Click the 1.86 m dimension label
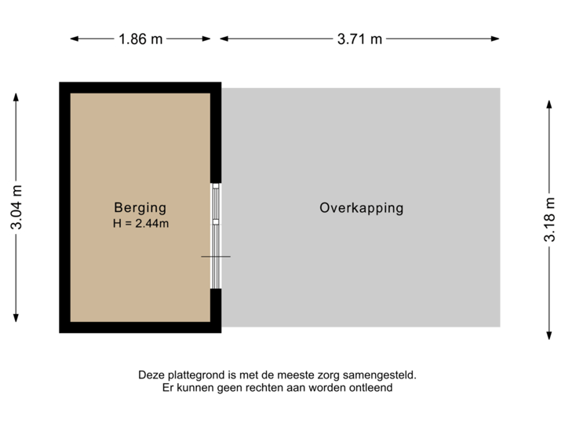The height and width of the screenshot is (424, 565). tap(141, 38)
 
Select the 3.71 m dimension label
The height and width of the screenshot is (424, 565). tap(360, 38)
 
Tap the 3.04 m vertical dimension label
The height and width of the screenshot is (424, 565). tap(16, 207)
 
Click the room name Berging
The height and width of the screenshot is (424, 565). tap(140, 208)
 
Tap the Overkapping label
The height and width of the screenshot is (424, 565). tap(361, 208)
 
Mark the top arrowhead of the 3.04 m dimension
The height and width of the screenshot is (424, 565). tap(16, 97)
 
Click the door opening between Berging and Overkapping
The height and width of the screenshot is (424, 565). tap(216, 236)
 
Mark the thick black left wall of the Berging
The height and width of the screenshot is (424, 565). tap(64, 208)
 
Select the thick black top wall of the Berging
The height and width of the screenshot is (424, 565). tap(140, 87)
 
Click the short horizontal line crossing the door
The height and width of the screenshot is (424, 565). tap(216, 257)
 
